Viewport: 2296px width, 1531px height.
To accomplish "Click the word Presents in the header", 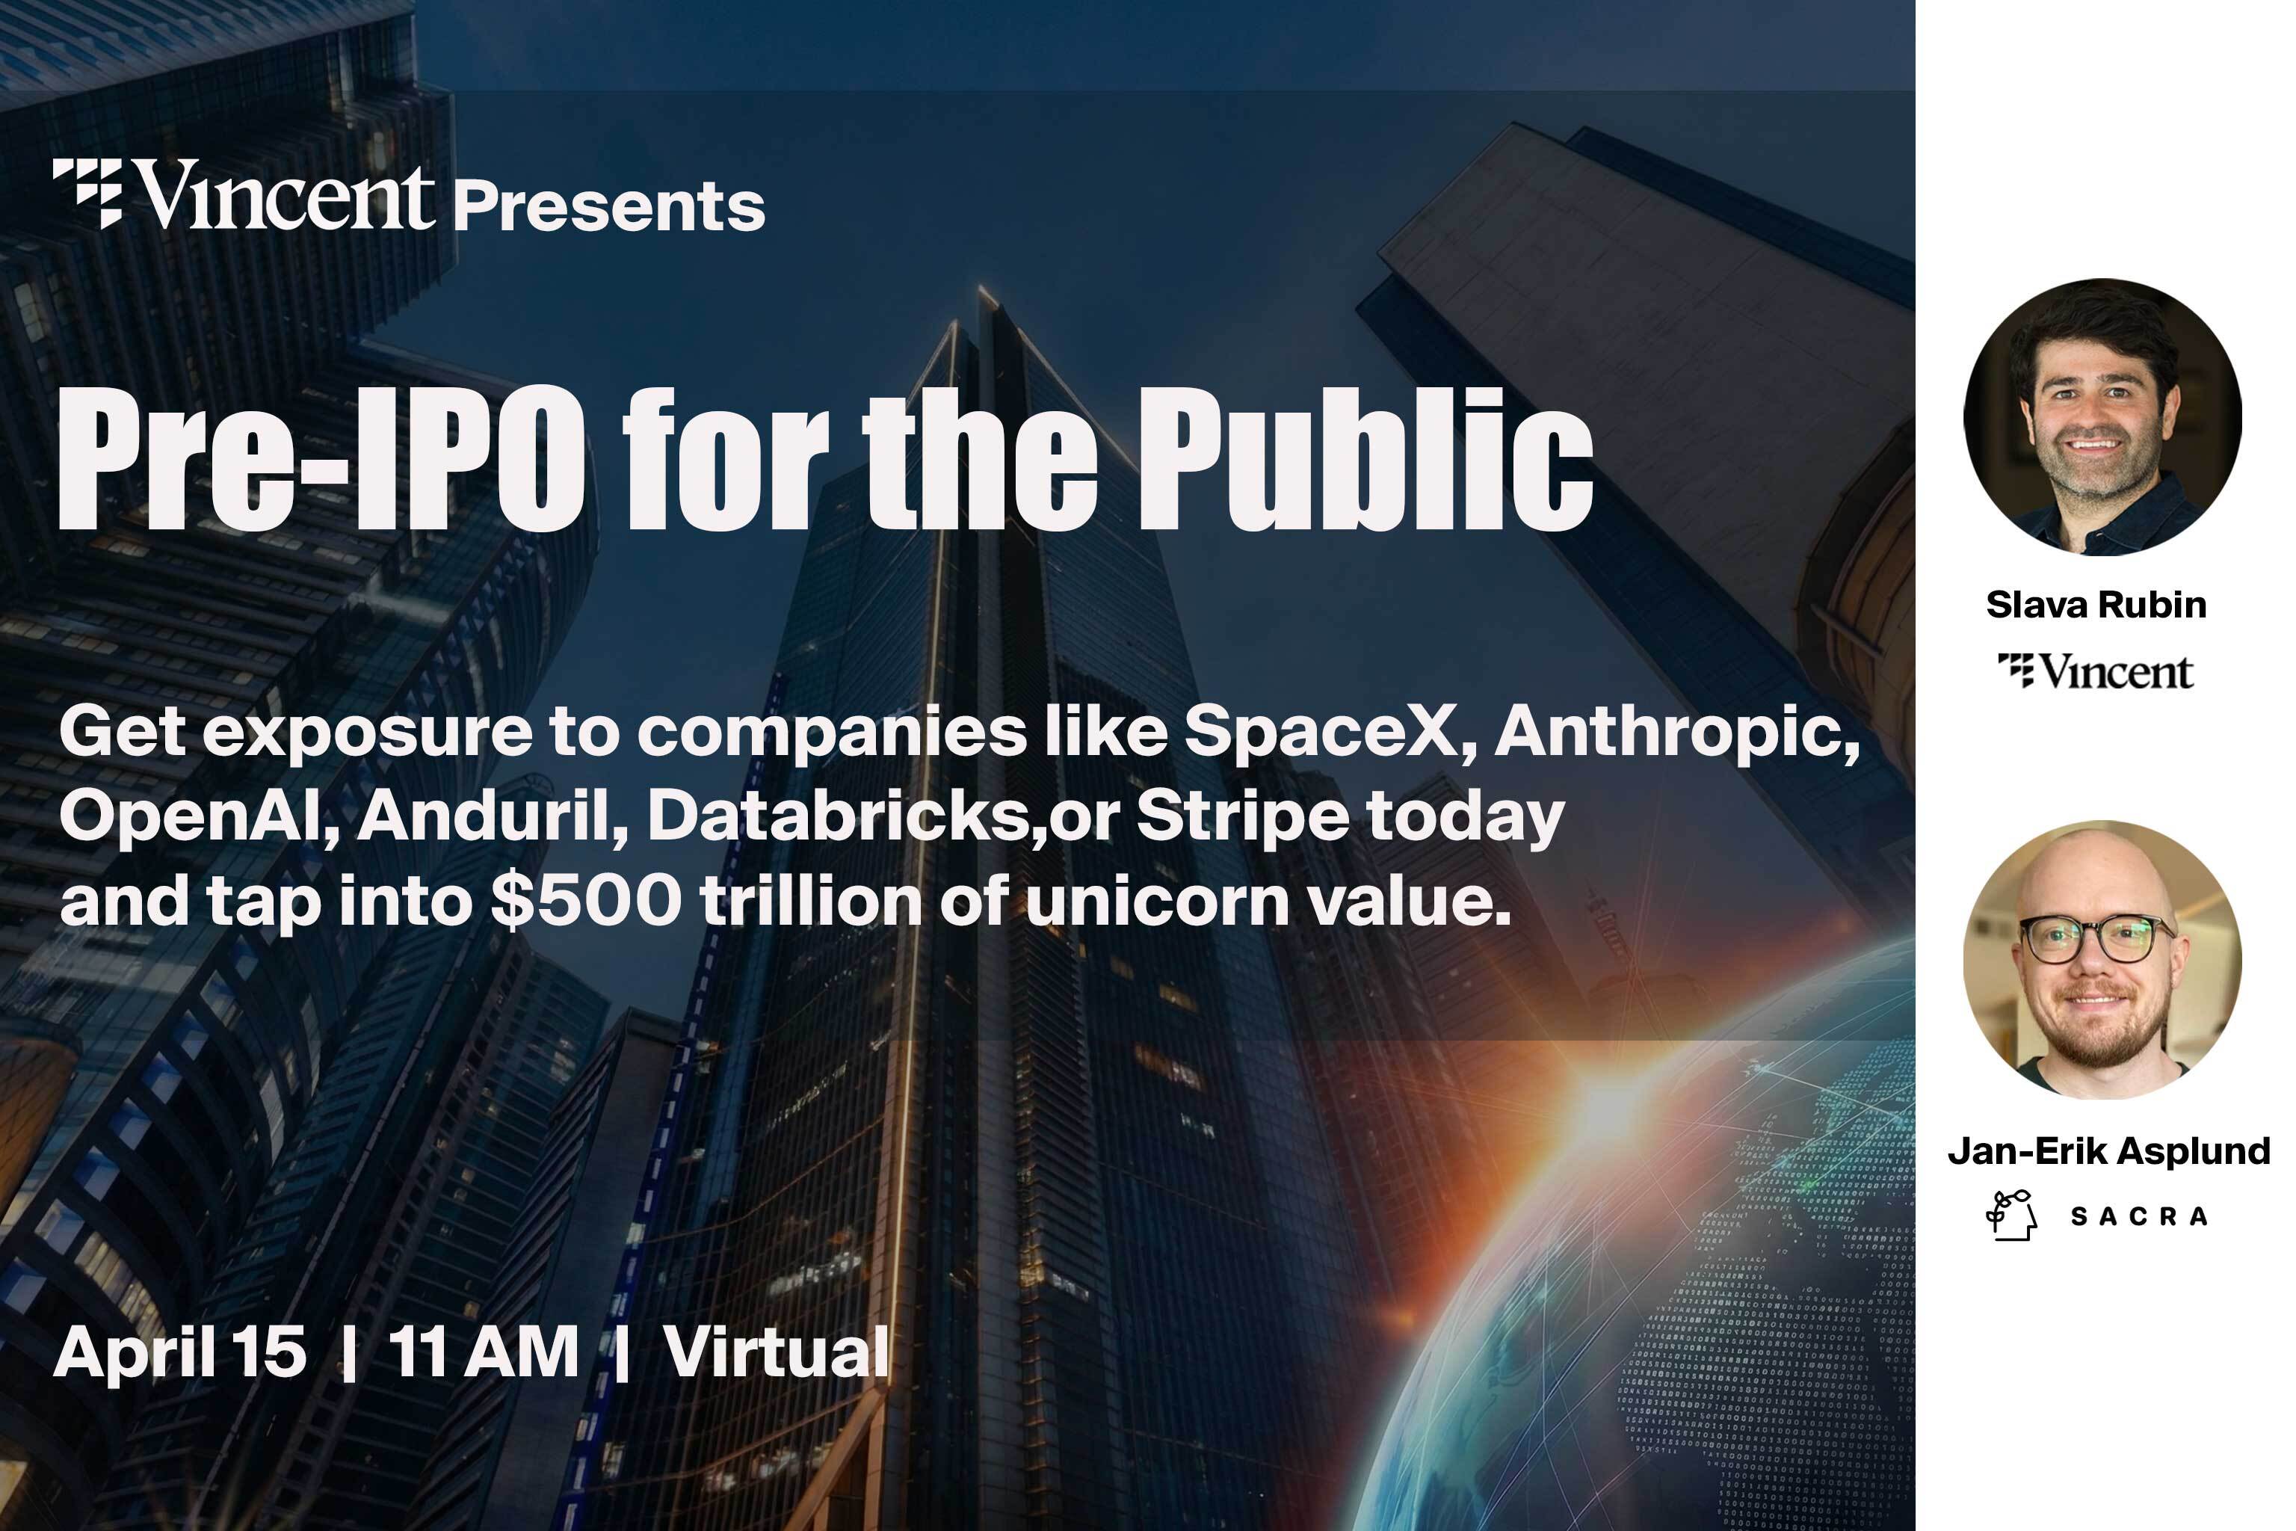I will pyautogui.click(x=609, y=207).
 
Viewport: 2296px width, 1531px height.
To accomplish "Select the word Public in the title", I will pyautogui.click(x=1365, y=459).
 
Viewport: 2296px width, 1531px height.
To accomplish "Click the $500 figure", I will pyautogui.click(x=584, y=900).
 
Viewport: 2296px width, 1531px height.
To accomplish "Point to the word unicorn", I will pyautogui.click(x=1157, y=900).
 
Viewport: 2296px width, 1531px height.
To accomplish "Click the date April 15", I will pyautogui.click(x=181, y=1352).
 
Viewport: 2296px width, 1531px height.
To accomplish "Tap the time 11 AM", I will pyautogui.click(x=484, y=1352).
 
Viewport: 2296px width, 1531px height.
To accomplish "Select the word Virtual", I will pyautogui.click(x=776, y=1352).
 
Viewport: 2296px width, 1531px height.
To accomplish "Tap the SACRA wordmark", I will pyautogui.click(x=2138, y=1216).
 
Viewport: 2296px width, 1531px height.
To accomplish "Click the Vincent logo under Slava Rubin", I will pyautogui.click(x=2096, y=672).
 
